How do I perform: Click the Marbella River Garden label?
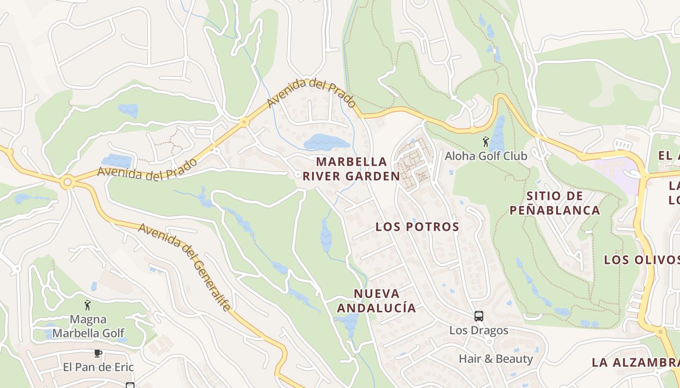pyautogui.click(x=351, y=169)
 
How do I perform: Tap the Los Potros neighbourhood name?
pyautogui.click(x=417, y=227)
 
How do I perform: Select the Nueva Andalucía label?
pyautogui.click(x=376, y=301)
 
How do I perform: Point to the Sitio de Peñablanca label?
pyautogui.click(x=554, y=203)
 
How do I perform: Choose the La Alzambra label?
pyautogui.click(x=635, y=362)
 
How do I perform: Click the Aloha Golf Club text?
pyautogui.click(x=486, y=156)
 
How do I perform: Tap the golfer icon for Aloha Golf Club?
pyautogui.click(x=485, y=142)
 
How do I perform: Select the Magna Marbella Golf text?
pyautogui.click(x=88, y=326)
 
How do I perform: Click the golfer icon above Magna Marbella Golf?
pyautogui.click(x=87, y=306)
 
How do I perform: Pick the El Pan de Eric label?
pyautogui.click(x=98, y=367)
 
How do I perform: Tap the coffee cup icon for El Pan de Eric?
pyautogui.click(x=98, y=353)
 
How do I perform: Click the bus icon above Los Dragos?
pyautogui.click(x=478, y=316)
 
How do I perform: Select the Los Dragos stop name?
pyautogui.click(x=478, y=331)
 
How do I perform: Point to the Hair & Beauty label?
pyautogui.click(x=496, y=359)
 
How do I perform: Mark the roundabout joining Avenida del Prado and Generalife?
pyautogui.click(x=68, y=183)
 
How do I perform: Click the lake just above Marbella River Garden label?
pyautogui.click(x=326, y=142)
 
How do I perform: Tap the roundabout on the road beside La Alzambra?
pyautogui.click(x=660, y=332)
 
